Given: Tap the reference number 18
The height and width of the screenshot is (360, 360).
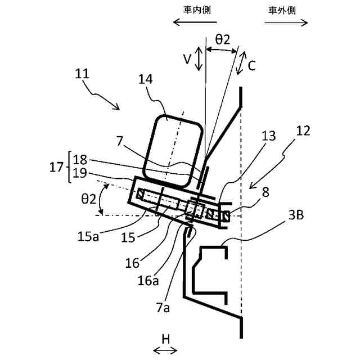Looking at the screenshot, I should pos(80,159).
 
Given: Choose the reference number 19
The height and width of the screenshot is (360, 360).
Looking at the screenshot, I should pos(80,173).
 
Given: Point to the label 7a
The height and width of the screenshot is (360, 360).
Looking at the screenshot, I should pos(164,307).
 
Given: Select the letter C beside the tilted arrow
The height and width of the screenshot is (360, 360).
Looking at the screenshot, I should pos(252,65).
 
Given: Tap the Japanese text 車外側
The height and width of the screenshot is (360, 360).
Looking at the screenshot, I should pos(285,9).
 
